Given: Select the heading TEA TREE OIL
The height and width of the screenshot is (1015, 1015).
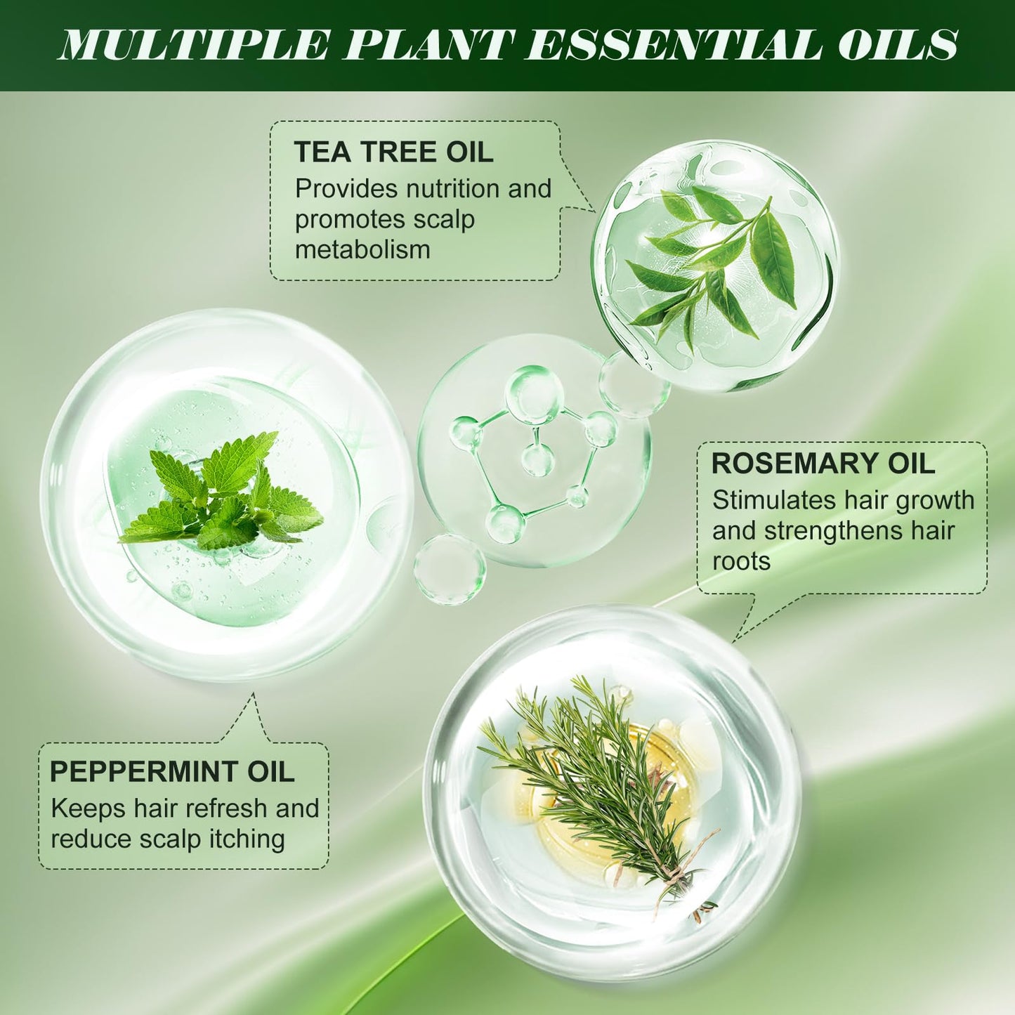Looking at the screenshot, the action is [393, 152].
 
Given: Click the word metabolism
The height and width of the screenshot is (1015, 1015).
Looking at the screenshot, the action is [362, 249].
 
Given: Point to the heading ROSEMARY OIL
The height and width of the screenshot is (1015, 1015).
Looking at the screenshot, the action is [823, 464].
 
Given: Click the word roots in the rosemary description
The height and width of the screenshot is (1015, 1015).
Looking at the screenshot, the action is [741, 561].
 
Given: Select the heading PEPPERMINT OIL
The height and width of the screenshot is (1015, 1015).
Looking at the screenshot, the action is [171, 772].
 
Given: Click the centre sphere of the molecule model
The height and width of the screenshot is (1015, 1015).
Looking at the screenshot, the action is [537, 459].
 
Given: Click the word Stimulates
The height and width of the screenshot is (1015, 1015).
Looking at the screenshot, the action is [773, 500].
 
